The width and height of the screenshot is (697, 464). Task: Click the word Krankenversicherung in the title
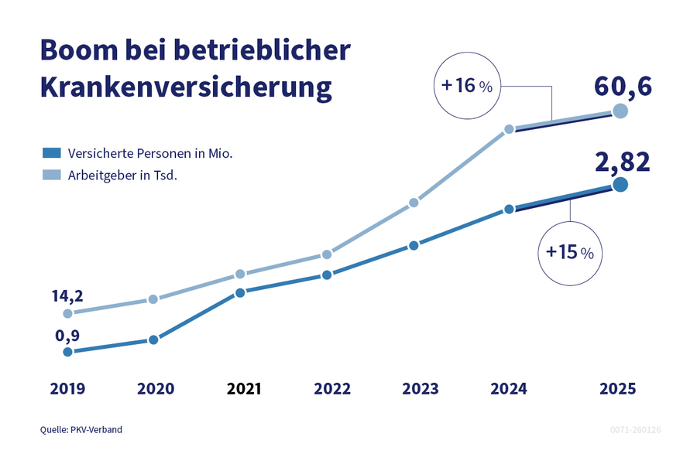(x=186, y=87)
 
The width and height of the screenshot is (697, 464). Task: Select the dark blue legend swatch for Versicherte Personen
(x=51, y=153)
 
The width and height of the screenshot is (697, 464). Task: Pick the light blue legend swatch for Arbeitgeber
(x=51, y=176)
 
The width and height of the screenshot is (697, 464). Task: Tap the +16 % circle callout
(x=467, y=86)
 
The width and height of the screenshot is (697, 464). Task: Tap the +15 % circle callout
(x=569, y=252)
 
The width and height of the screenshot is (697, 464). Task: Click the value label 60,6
(x=623, y=86)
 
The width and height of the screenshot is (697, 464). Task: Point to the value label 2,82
(x=623, y=162)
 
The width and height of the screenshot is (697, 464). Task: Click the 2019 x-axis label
(x=67, y=389)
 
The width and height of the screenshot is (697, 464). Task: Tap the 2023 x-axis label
(x=420, y=389)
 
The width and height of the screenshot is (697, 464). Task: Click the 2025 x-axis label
(x=617, y=389)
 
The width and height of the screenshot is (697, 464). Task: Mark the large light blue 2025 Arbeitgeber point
(x=620, y=111)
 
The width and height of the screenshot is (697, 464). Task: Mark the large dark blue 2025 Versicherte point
(x=620, y=184)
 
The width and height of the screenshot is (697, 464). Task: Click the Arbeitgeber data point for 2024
(x=509, y=129)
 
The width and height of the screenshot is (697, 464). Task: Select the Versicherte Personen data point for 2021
(x=240, y=292)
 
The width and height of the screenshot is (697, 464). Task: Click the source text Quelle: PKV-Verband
(x=81, y=429)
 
